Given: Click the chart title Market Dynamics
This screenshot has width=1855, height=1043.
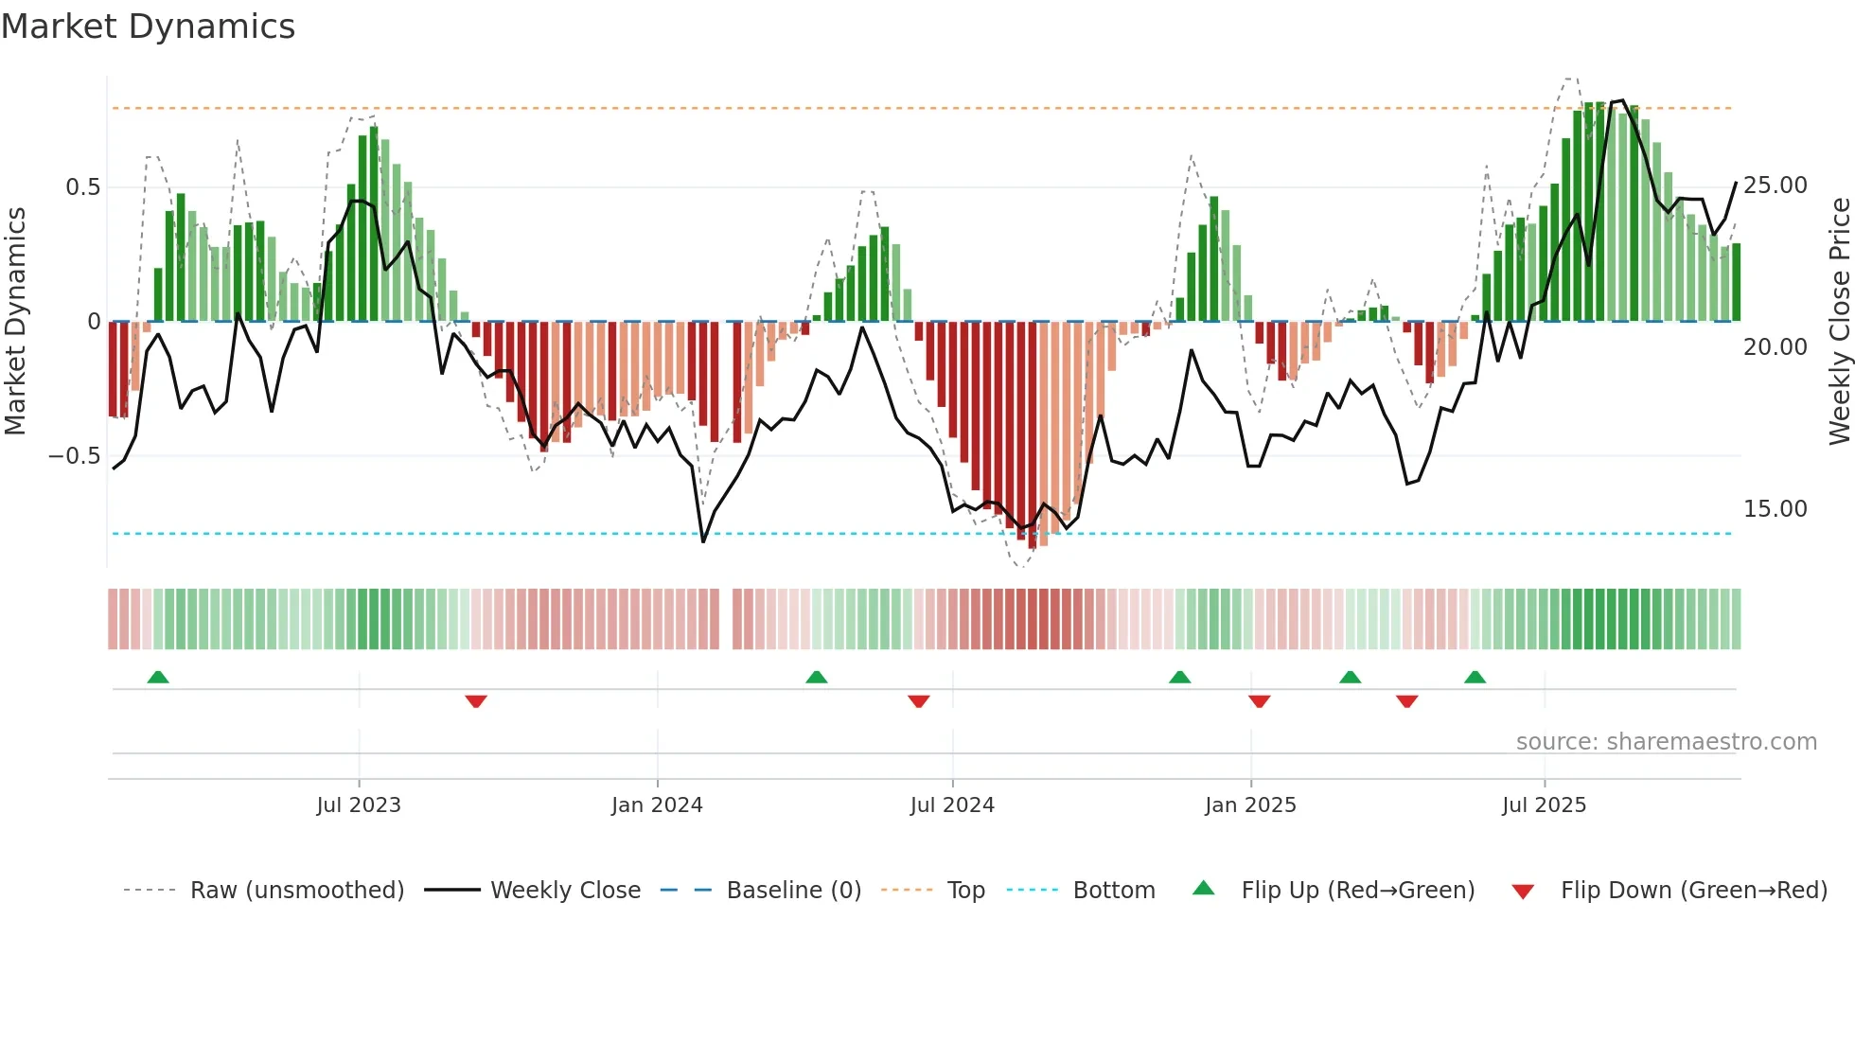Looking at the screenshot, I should [148, 27].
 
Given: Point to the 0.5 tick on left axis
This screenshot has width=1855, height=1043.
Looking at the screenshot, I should [82, 187].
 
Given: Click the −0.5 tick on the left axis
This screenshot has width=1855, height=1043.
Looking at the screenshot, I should [74, 456].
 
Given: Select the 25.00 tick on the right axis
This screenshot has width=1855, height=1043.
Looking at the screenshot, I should [1775, 186].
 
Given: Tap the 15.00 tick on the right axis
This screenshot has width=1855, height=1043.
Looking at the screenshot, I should [1775, 509].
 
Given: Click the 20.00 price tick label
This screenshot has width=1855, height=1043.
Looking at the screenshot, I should [1775, 347].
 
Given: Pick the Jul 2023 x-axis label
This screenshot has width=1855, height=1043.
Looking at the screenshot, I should [359, 805].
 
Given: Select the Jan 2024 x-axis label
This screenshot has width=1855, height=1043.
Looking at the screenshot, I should [657, 805].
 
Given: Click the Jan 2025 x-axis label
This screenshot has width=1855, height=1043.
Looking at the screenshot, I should [1250, 805].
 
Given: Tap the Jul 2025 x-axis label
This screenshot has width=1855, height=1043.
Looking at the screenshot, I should [1544, 805].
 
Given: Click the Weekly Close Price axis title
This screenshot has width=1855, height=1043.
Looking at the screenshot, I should [1839, 322].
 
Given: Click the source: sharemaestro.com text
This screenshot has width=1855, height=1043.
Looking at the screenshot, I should [1666, 742].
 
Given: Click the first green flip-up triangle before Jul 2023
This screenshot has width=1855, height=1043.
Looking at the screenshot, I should [158, 678].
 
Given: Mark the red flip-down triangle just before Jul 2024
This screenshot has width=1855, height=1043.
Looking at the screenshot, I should [918, 701].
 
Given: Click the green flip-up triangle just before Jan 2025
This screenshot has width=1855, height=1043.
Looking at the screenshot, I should [1179, 678].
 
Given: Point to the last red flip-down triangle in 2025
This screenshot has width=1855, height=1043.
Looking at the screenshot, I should [1406, 701].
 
